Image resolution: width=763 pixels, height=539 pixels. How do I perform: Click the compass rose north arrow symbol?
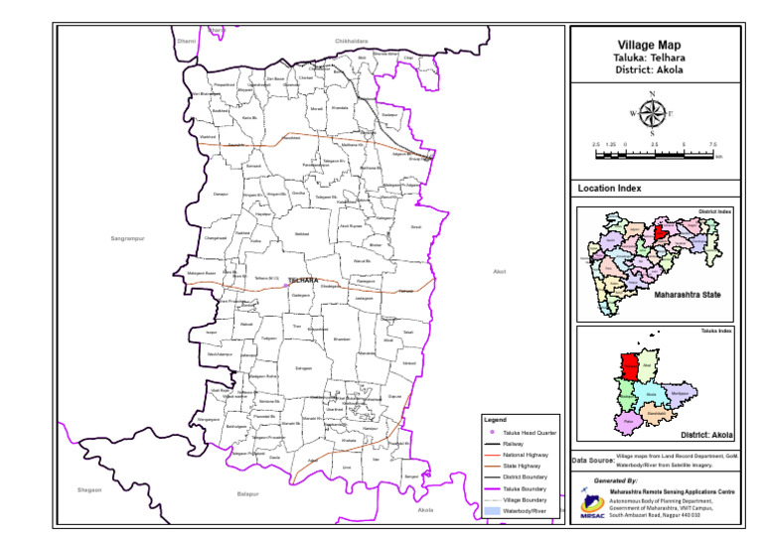652,113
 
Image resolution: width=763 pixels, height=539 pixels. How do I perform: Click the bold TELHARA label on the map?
302,281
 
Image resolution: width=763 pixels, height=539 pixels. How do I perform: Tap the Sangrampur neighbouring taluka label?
128,238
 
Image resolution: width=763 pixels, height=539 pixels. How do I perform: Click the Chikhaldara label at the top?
352,41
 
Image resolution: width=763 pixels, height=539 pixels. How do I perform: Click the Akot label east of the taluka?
500,270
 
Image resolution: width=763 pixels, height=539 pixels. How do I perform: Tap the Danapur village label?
222,194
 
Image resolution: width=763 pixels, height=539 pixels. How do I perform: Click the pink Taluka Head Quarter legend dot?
491,433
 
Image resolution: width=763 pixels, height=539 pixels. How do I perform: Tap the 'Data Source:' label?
593,461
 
